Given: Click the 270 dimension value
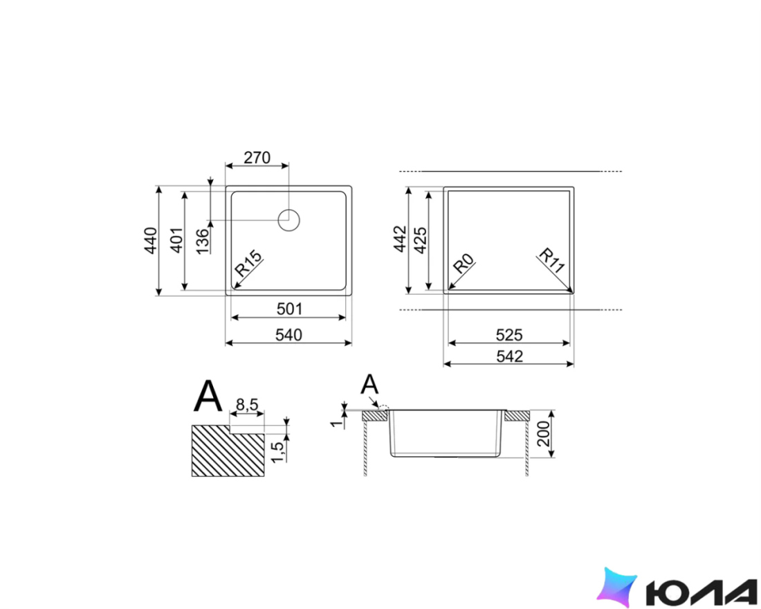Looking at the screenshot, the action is click(257, 158).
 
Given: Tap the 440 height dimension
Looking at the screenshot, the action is click(151, 240).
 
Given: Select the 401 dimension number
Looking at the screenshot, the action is click(178, 240).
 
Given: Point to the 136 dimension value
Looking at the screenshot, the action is click(203, 240).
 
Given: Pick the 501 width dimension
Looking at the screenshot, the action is click(289, 309).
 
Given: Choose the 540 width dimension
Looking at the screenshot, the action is click(288, 335).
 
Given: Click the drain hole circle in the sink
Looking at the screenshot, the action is click(288, 220).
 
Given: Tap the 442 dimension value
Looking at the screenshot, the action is click(400, 239).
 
